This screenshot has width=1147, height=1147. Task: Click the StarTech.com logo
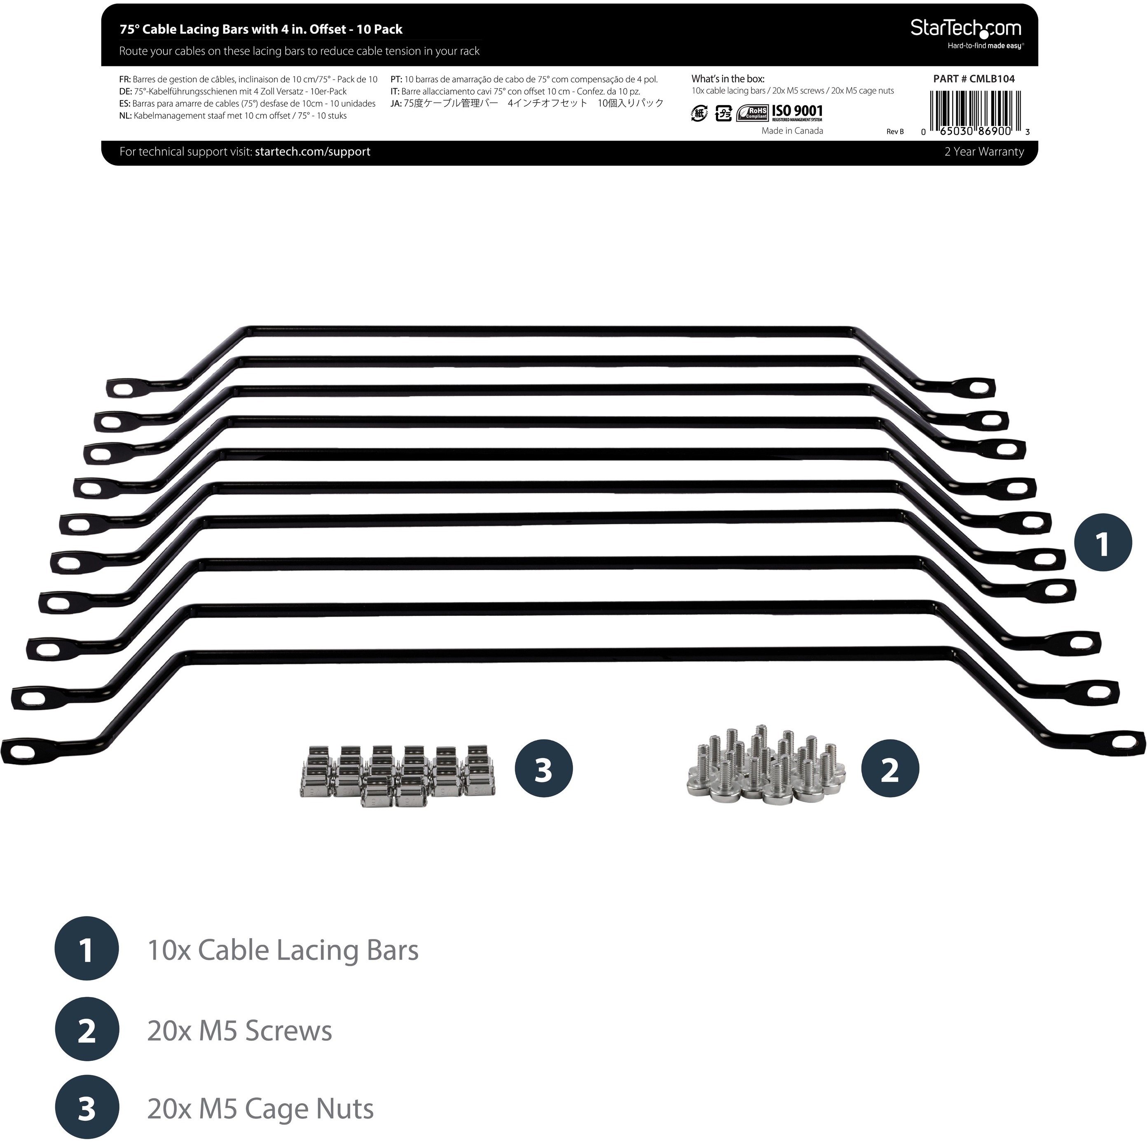click(x=966, y=33)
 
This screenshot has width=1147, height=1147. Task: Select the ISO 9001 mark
click(x=797, y=113)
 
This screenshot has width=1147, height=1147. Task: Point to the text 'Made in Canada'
click(x=792, y=131)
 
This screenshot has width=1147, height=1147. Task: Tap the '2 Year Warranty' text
click(x=984, y=152)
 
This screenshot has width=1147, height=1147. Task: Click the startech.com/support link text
click(x=312, y=152)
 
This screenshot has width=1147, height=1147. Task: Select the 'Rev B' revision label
click(x=895, y=132)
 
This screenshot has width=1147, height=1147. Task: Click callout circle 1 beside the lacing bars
click(x=1103, y=543)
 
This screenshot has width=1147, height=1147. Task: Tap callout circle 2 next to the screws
click(x=890, y=768)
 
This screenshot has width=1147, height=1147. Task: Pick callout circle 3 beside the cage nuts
click(x=543, y=768)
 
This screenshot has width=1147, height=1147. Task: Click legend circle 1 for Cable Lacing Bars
click(x=87, y=949)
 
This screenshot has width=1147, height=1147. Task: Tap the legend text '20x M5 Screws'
click(x=239, y=1031)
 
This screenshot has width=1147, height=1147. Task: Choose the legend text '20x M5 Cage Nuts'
click(x=260, y=1109)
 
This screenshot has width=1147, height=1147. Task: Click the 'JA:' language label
click(x=396, y=103)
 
